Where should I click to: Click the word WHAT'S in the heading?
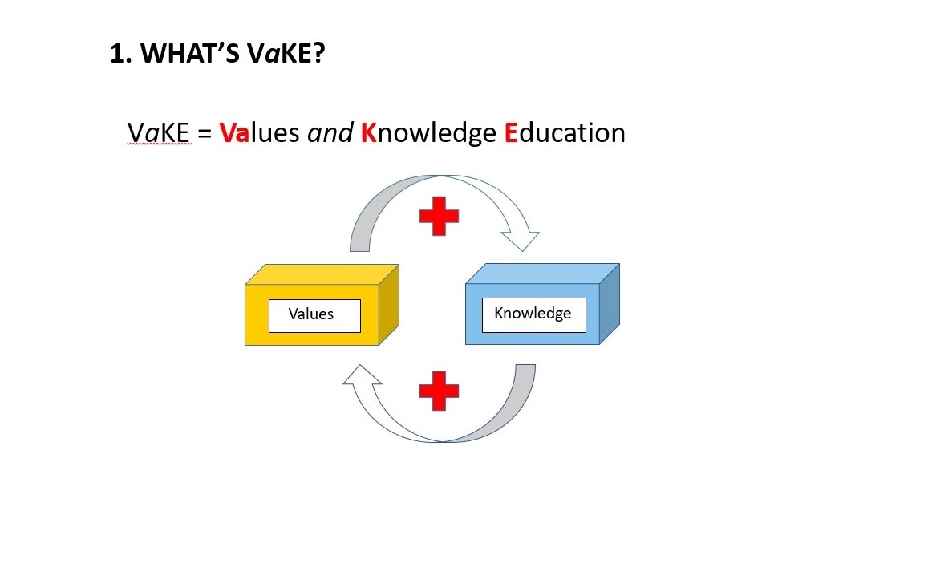[190, 53]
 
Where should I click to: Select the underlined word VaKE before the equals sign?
[159, 132]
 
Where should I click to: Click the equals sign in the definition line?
[205, 133]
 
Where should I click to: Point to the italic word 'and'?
[330, 132]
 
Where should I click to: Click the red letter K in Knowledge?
[369, 132]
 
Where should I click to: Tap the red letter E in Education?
[511, 132]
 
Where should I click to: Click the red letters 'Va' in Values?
[234, 132]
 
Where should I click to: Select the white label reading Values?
[314, 315]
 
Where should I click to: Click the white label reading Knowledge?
[534, 314]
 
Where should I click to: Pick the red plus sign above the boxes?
[439, 216]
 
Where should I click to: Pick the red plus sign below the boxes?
[439, 391]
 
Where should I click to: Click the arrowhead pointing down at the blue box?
[521, 241]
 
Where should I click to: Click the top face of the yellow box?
[322, 274]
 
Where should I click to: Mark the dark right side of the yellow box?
[389, 304]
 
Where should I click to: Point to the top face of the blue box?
[543, 274]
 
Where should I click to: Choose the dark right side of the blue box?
[610, 303]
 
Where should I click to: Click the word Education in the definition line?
[565, 132]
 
